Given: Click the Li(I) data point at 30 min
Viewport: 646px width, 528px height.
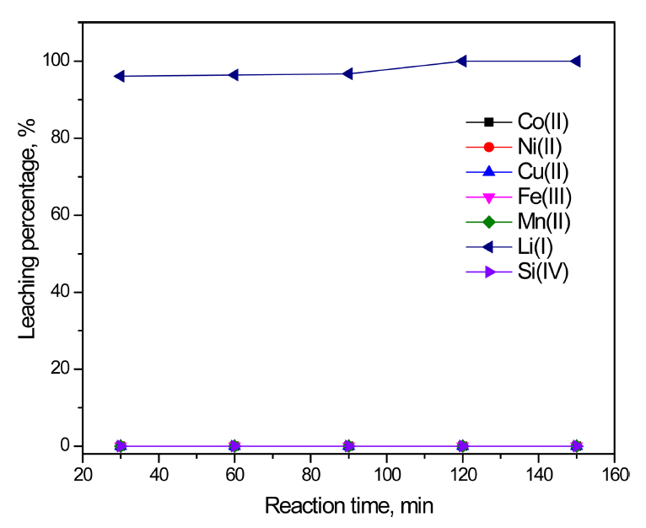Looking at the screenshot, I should [120, 76].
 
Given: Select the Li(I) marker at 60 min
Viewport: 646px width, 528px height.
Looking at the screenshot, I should [234, 75].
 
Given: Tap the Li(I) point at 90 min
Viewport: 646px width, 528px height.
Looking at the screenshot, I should [347, 73].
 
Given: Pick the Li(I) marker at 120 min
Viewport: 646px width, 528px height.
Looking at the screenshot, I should [461, 61].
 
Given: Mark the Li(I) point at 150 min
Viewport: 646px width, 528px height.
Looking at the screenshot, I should [575, 61].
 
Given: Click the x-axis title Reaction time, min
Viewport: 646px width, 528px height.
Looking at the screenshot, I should [349, 505].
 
